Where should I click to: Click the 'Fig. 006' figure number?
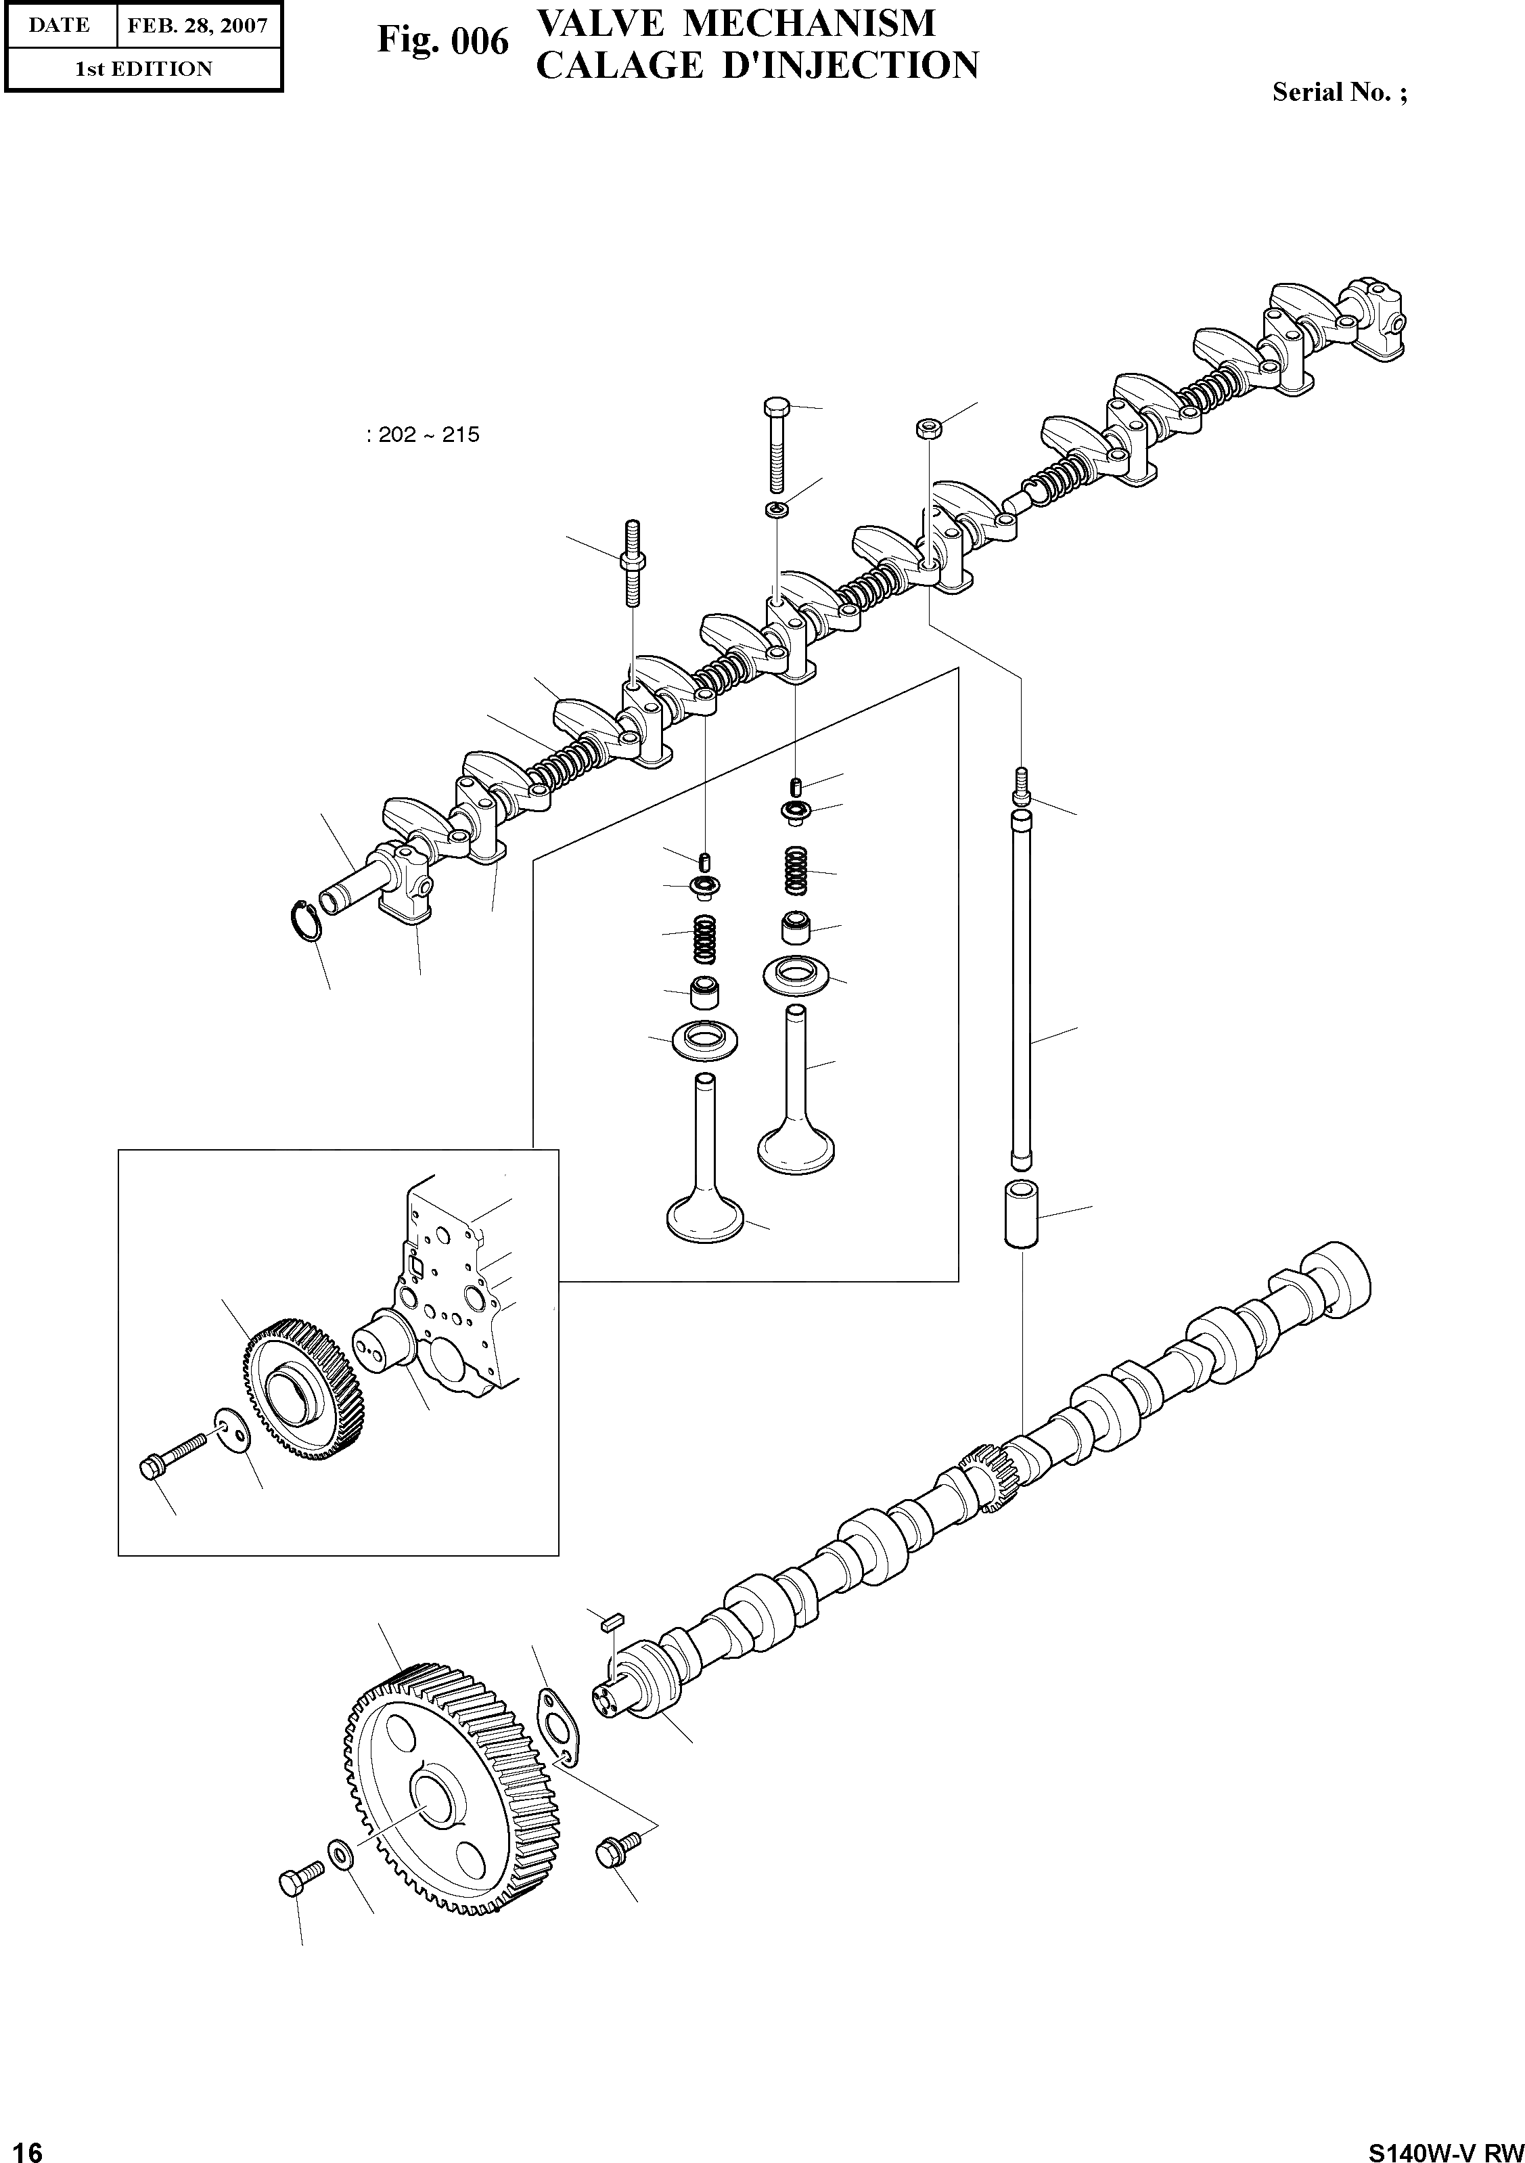click(442, 41)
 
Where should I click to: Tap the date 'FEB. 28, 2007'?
click(198, 26)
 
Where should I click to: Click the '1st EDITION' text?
click(143, 69)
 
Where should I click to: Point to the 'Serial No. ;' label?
click(1340, 92)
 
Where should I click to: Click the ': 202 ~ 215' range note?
click(423, 435)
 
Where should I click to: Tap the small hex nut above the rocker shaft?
click(926, 428)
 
